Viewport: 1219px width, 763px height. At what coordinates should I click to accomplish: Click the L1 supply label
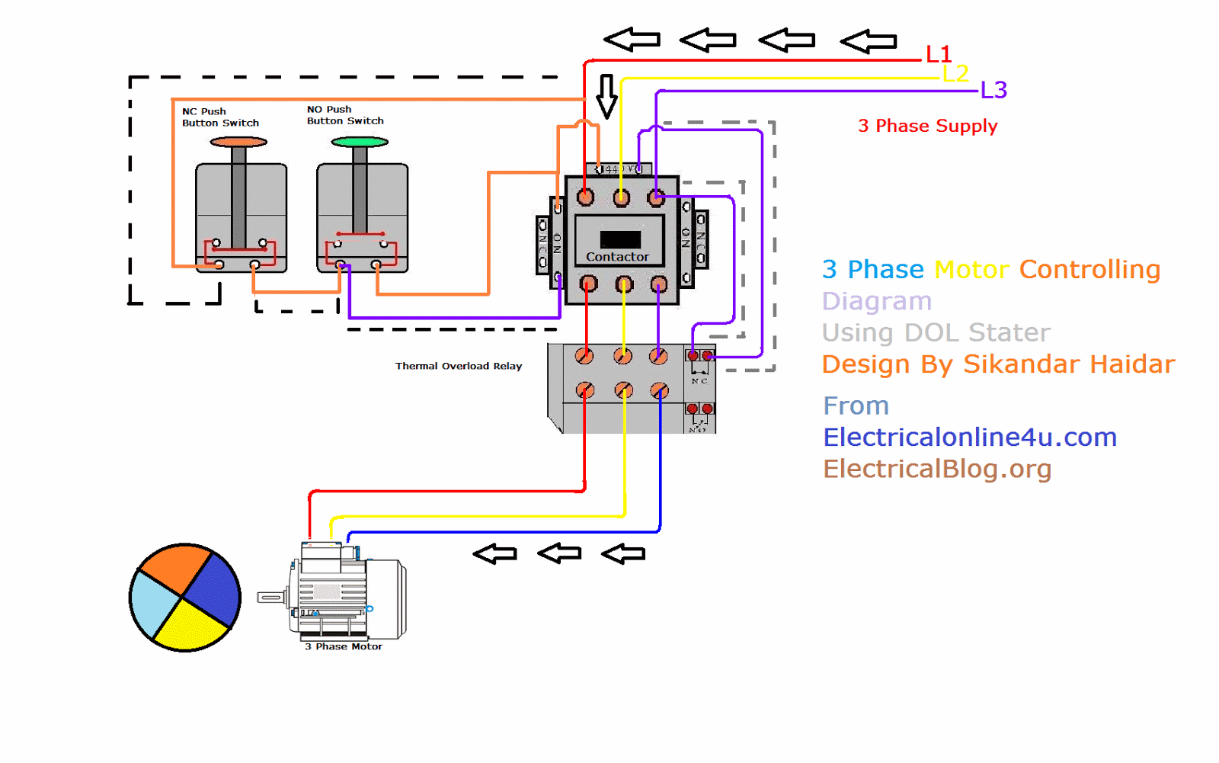click(938, 54)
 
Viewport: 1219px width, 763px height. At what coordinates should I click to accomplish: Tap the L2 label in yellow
click(955, 73)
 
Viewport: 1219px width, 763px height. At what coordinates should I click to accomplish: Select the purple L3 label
click(993, 90)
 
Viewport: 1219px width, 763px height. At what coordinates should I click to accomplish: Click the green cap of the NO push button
click(360, 142)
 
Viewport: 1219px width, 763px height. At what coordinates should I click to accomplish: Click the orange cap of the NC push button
click(238, 142)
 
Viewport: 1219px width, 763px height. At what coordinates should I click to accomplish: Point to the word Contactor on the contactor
click(617, 257)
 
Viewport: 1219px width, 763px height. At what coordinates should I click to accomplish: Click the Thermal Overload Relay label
click(458, 366)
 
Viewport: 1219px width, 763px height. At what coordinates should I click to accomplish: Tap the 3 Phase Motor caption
click(344, 646)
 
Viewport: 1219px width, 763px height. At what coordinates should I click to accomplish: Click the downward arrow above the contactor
click(606, 96)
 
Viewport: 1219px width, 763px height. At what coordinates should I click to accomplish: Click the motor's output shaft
click(270, 597)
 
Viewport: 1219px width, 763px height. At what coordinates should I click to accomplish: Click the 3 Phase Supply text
click(927, 126)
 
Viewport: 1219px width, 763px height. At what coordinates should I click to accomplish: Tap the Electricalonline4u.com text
click(969, 438)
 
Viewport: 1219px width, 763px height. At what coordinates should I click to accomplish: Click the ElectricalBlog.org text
click(937, 469)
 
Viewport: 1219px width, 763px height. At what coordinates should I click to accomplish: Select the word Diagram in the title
click(876, 301)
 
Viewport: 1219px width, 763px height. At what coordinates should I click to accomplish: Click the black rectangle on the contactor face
click(620, 239)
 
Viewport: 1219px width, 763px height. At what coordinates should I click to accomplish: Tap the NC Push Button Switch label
click(220, 117)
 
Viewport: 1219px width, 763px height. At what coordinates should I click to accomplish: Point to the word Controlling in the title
click(1089, 269)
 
